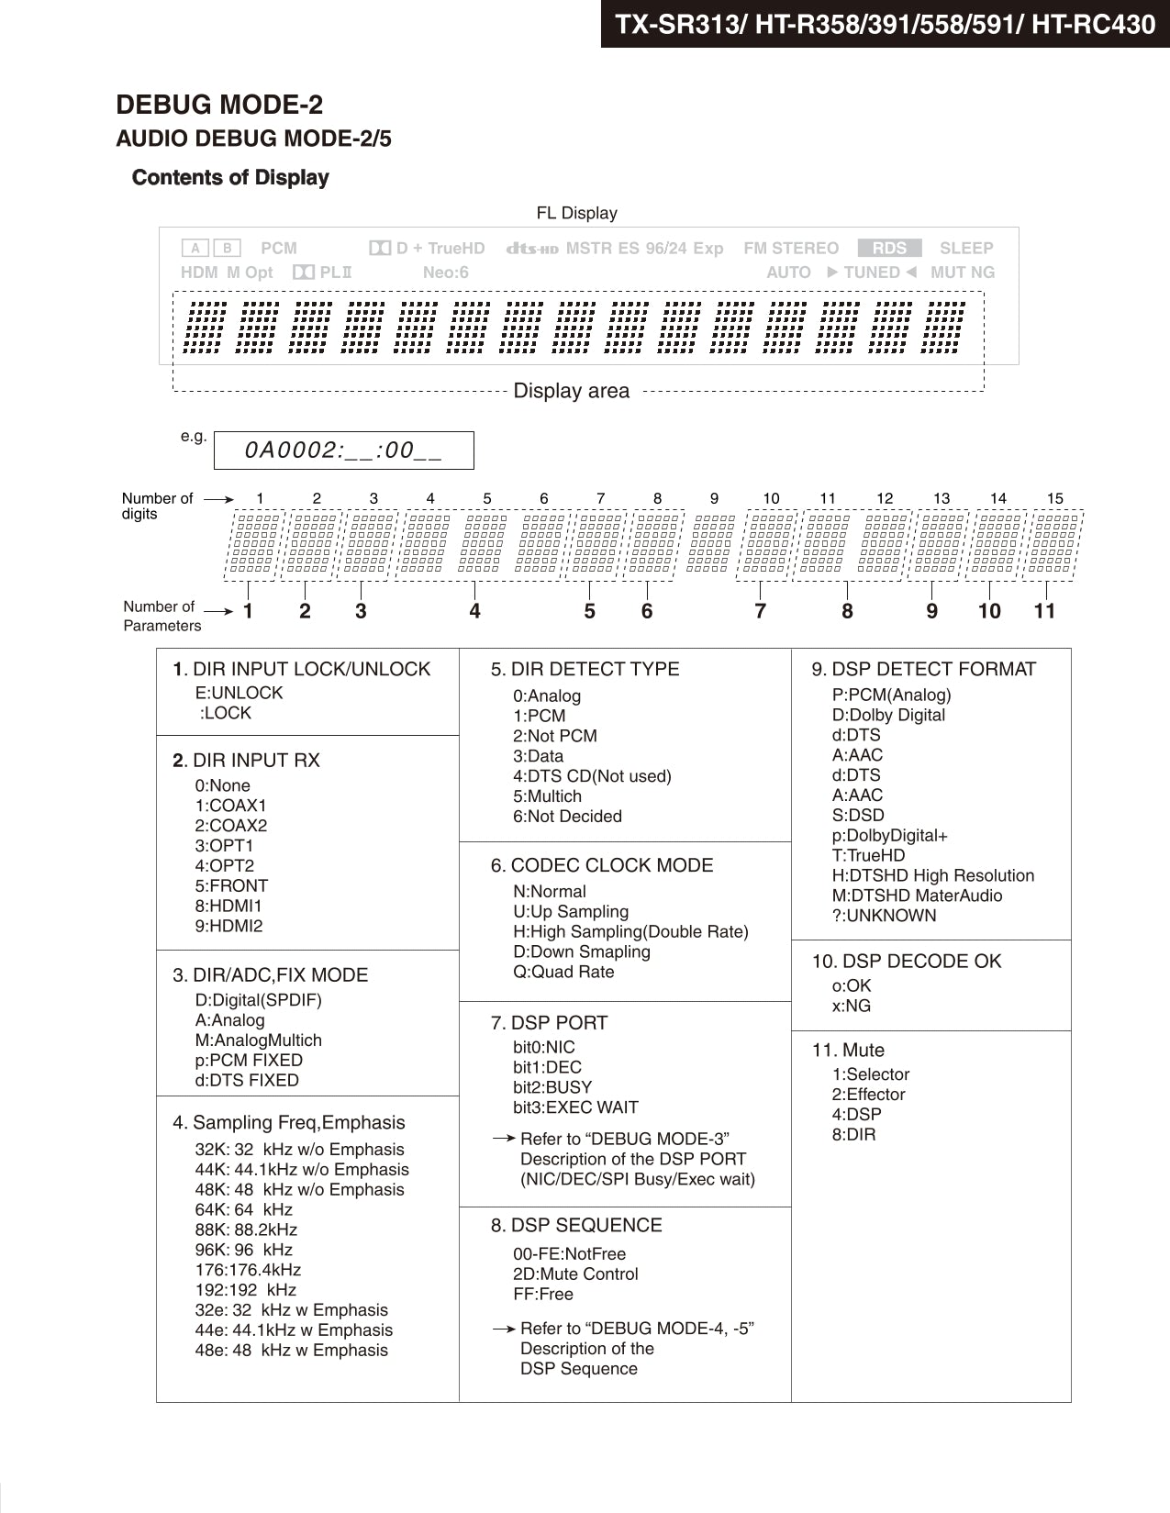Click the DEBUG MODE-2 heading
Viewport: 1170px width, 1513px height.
(x=219, y=106)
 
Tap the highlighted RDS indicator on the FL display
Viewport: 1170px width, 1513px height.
(x=889, y=248)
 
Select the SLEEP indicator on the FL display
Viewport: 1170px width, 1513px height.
(x=966, y=248)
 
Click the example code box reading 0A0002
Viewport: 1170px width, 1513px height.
(x=343, y=451)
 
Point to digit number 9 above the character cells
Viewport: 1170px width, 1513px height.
(x=714, y=498)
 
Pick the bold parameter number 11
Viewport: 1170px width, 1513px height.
(x=1044, y=611)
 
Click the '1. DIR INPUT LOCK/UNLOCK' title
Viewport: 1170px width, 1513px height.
(x=302, y=669)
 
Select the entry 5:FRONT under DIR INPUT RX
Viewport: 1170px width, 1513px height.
(x=231, y=885)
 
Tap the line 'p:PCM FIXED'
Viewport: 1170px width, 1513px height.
(x=249, y=1060)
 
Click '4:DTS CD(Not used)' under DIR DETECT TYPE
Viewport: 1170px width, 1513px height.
(x=592, y=776)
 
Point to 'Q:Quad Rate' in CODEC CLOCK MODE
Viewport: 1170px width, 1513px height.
(x=563, y=972)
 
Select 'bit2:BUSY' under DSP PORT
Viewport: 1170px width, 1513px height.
(x=552, y=1087)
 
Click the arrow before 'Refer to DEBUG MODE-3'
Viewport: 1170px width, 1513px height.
(x=504, y=1139)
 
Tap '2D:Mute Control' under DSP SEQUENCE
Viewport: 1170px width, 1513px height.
(x=575, y=1274)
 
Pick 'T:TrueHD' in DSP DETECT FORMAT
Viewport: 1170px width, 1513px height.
(x=868, y=855)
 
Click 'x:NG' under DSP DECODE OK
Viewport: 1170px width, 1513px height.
(x=852, y=1006)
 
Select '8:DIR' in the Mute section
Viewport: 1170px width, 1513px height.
(x=853, y=1134)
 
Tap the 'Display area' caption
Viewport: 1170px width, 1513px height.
(x=571, y=391)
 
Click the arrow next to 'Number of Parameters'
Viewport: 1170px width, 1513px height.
(x=218, y=611)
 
